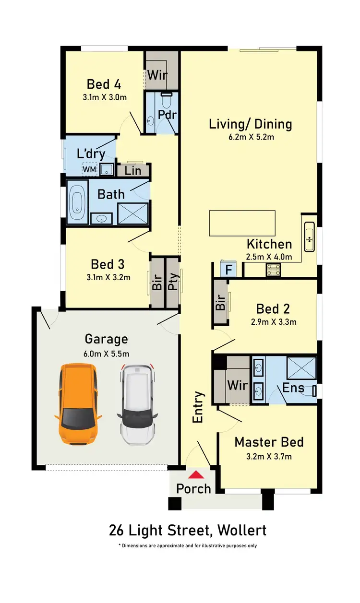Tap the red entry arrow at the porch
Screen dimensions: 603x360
tap(195, 474)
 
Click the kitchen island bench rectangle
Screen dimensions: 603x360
tap(242, 223)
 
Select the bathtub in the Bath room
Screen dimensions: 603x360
tap(77, 202)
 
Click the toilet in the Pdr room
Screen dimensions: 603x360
tap(166, 101)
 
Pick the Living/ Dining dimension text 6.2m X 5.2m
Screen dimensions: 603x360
tap(250, 137)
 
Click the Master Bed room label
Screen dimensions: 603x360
tap(269, 442)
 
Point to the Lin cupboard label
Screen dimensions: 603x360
tap(133, 170)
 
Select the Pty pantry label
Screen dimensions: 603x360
tap(172, 283)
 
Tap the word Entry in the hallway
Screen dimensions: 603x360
tap(198, 407)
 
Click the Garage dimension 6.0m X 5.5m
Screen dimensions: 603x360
tap(107, 354)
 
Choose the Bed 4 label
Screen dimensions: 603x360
tap(104, 84)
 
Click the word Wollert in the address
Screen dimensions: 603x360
tap(241, 531)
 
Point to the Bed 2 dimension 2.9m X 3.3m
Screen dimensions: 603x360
tap(273, 322)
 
